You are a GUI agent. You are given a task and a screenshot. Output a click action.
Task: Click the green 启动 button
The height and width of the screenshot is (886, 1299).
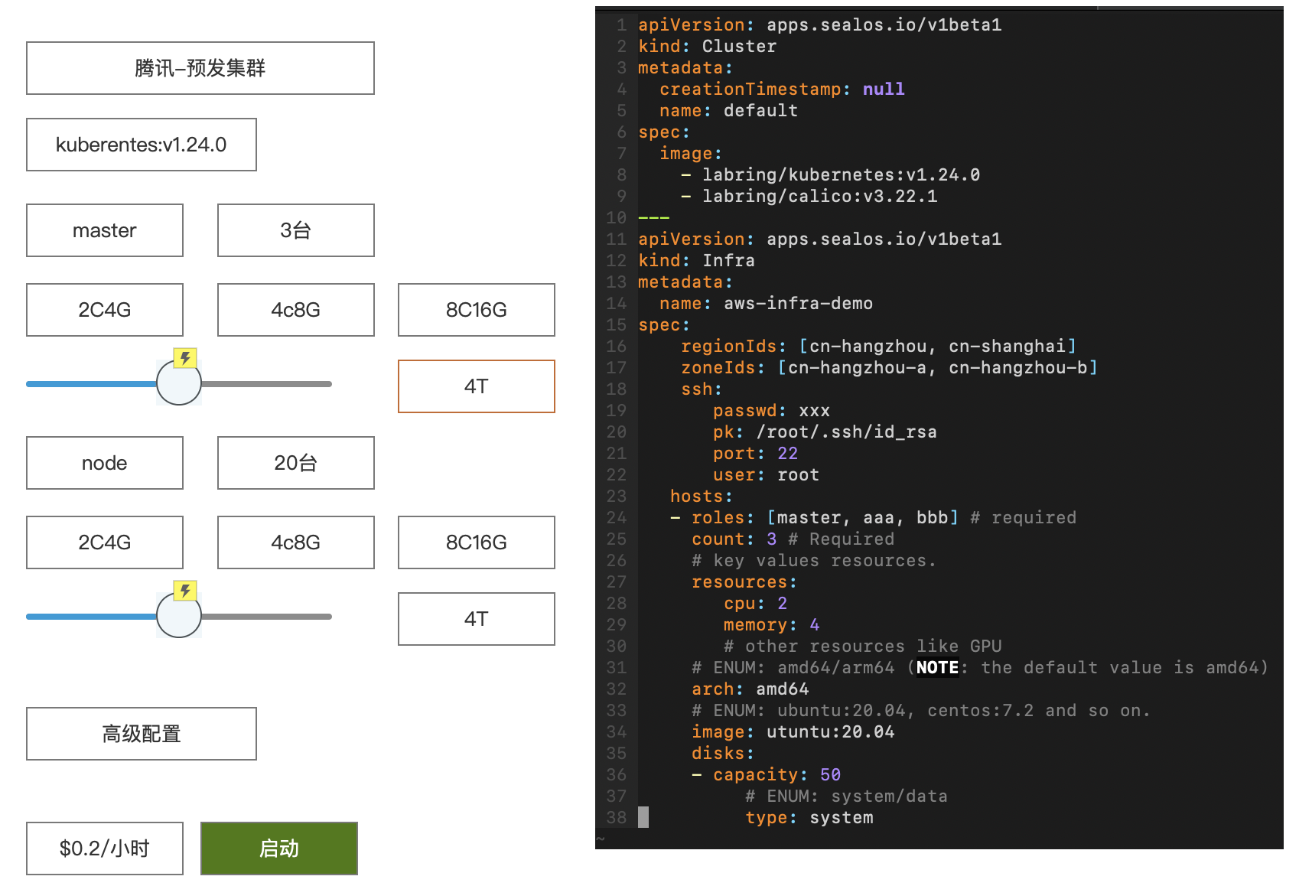(278, 848)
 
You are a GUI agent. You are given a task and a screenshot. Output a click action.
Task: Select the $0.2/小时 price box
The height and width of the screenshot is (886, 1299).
(105, 848)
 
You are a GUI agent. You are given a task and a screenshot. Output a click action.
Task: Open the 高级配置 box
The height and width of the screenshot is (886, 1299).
(142, 734)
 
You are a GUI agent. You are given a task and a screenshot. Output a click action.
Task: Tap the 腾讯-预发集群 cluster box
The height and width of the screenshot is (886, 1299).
(200, 68)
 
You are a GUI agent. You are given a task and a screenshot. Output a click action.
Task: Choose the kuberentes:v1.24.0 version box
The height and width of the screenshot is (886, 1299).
(142, 145)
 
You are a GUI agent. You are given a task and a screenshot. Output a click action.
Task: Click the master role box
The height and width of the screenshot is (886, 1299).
(105, 230)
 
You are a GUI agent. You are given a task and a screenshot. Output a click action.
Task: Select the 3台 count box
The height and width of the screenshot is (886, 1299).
(295, 230)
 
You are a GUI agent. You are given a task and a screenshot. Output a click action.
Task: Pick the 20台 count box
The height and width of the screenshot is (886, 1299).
(295, 463)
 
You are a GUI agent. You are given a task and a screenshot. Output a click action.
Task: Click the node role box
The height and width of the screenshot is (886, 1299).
(105, 463)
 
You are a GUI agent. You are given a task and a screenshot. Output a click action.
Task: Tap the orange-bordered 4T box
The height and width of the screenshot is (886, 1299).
(476, 386)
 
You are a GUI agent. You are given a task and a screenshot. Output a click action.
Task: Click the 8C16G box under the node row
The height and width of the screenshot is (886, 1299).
(476, 542)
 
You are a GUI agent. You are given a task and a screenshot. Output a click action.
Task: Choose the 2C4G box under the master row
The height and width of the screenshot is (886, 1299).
(105, 310)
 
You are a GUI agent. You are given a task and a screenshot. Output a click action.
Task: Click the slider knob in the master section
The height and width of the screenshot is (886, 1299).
(179, 383)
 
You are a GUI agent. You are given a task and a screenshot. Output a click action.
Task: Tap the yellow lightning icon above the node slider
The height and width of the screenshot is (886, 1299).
(185, 591)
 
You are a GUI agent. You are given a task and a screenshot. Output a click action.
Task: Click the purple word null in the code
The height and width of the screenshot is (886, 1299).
(884, 90)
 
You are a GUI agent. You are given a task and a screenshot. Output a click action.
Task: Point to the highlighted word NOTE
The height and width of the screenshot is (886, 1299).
(937, 668)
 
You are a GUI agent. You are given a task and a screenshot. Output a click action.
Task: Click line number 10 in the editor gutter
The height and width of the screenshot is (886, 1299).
(617, 218)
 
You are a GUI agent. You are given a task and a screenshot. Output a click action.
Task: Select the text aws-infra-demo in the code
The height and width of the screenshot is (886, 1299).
(798, 304)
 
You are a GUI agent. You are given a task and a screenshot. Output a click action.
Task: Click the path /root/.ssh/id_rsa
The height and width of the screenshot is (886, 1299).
(847, 432)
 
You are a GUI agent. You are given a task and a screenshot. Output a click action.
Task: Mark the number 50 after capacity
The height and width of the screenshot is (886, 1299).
(830, 775)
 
